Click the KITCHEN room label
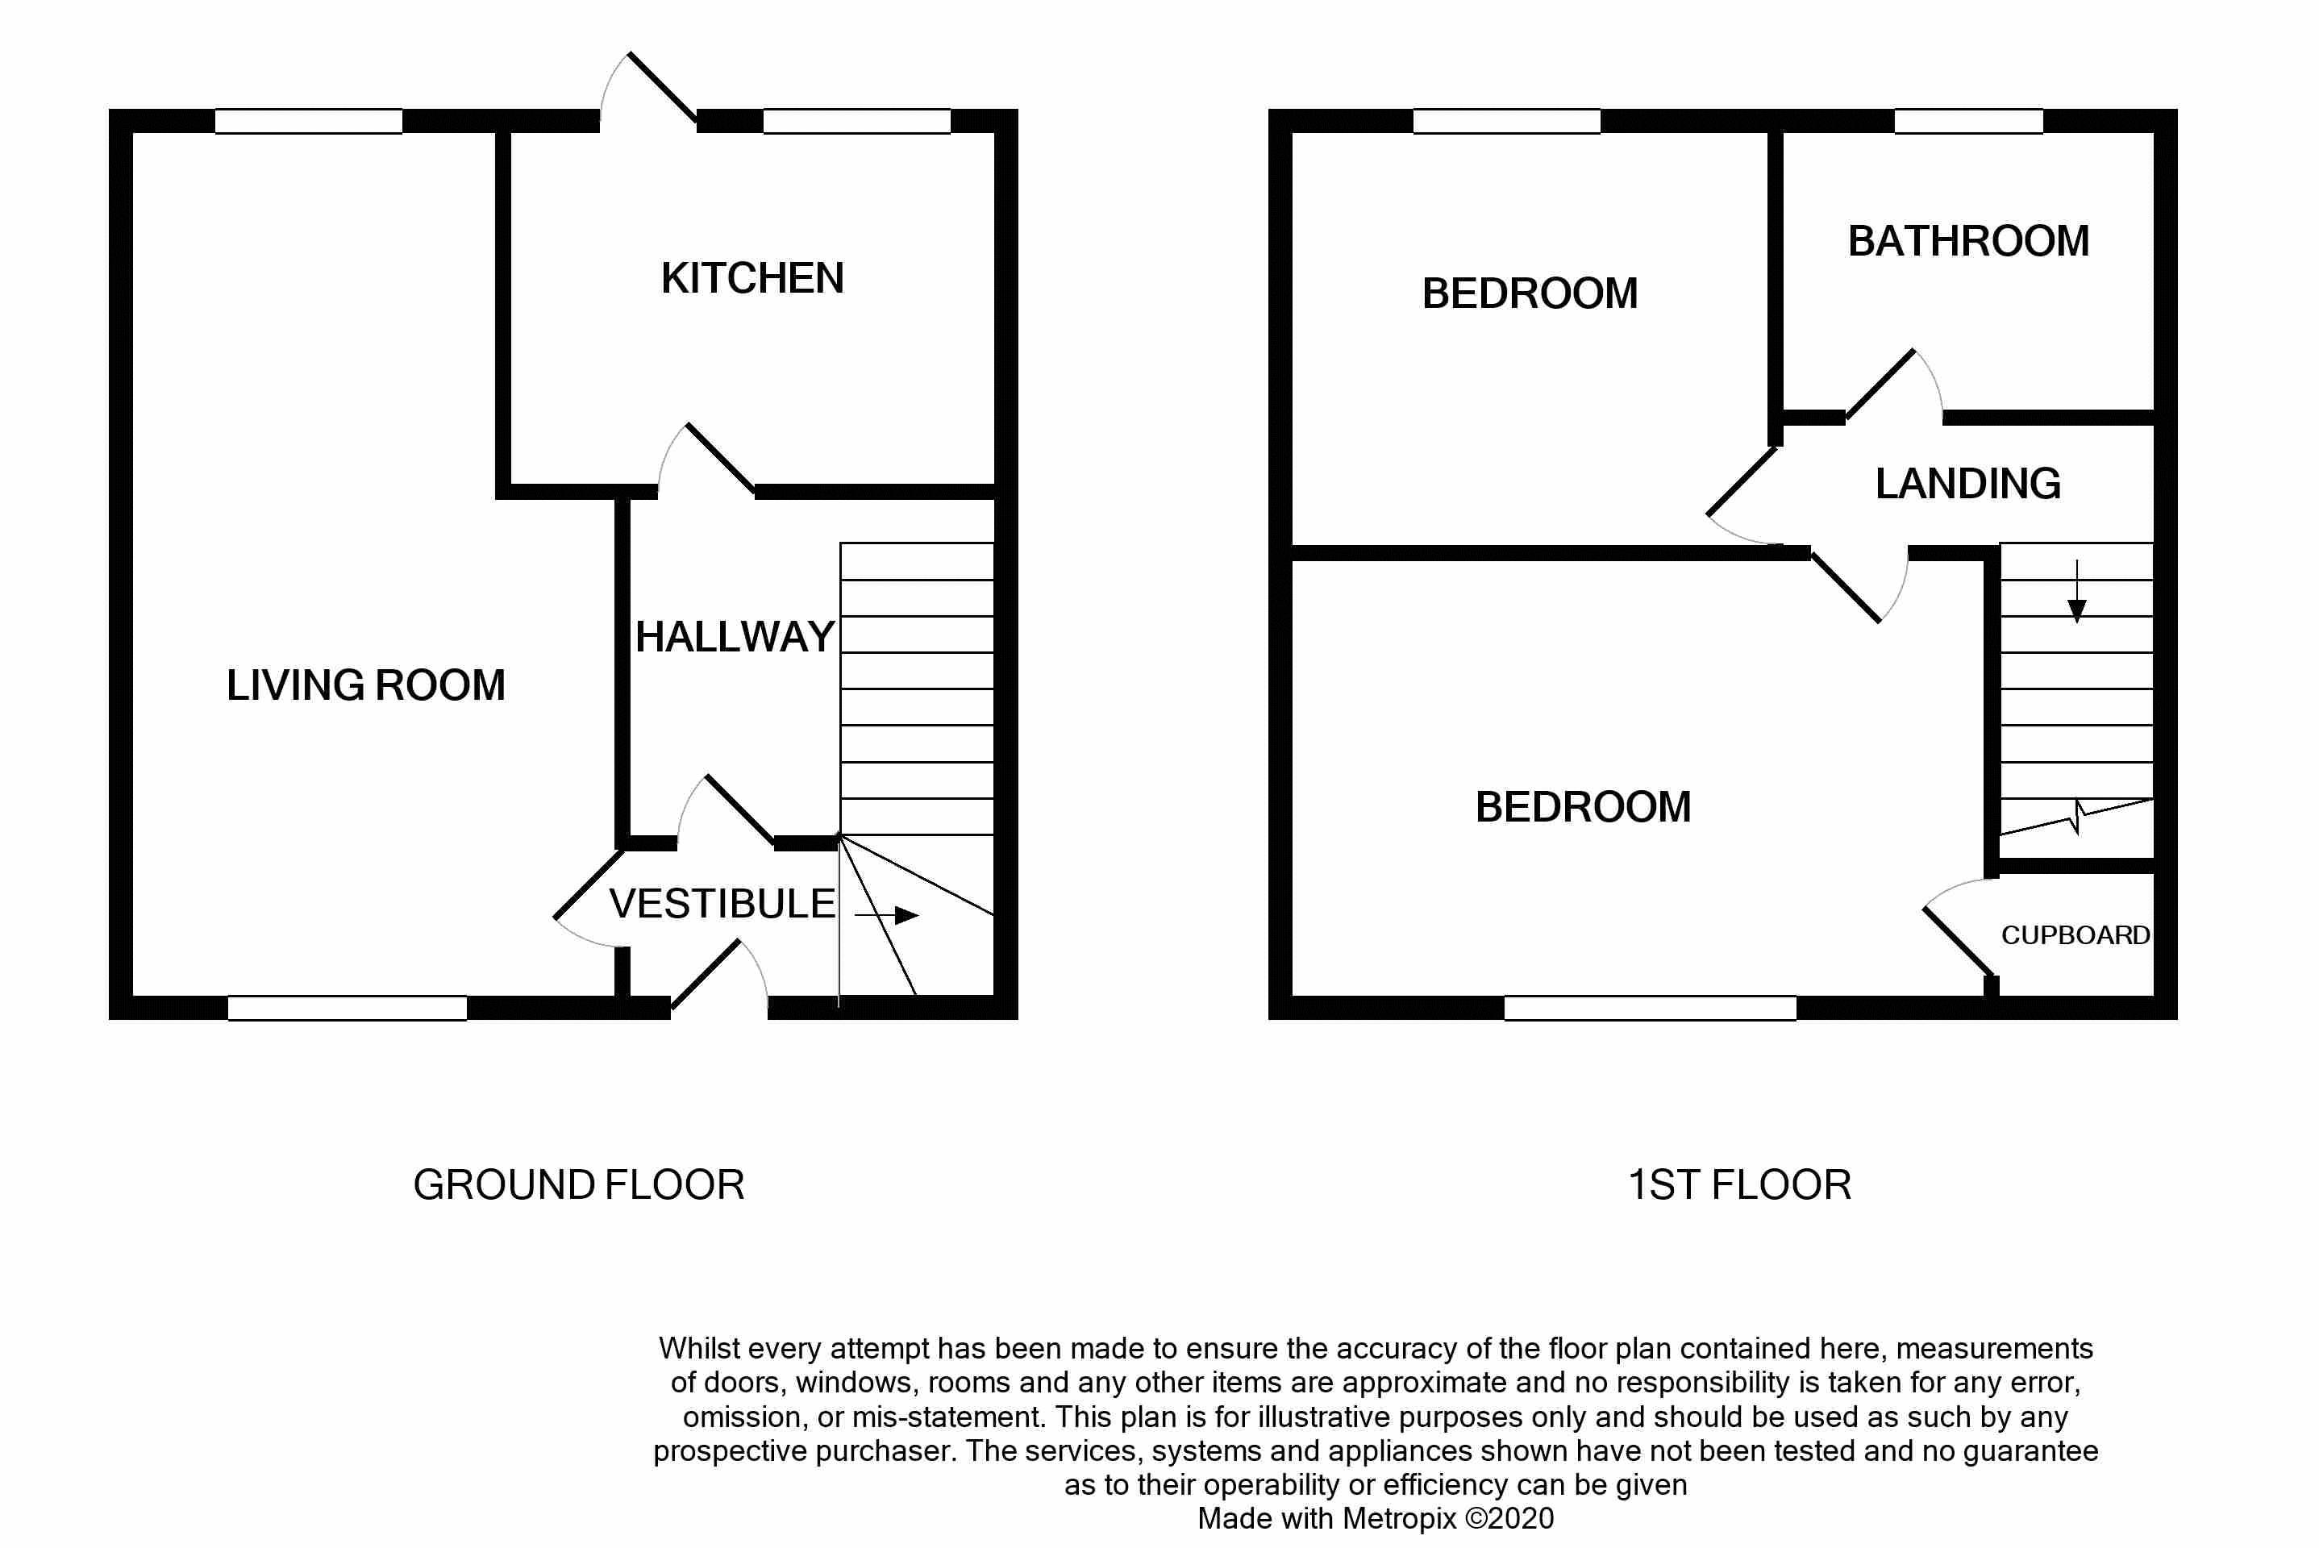point(752,278)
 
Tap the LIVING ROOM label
point(365,685)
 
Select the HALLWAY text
point(735,637)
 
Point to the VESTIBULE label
point(722,903)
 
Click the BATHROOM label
point(1968,241)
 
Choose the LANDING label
point(1967,484)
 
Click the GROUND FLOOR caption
point(578,1184)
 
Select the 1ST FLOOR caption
point(1739,1184)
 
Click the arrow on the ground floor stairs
point(885,915)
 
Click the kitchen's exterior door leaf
point(663,87)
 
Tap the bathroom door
point(1880,383)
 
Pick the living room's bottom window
point(348,1007)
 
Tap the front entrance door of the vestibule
point(705,975)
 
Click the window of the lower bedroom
point(1650,1007)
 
